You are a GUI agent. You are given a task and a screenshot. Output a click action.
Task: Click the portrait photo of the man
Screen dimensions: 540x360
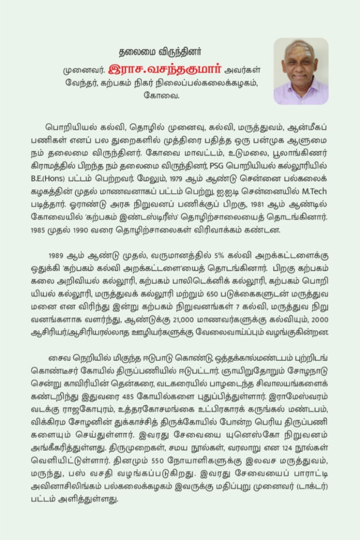301,71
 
